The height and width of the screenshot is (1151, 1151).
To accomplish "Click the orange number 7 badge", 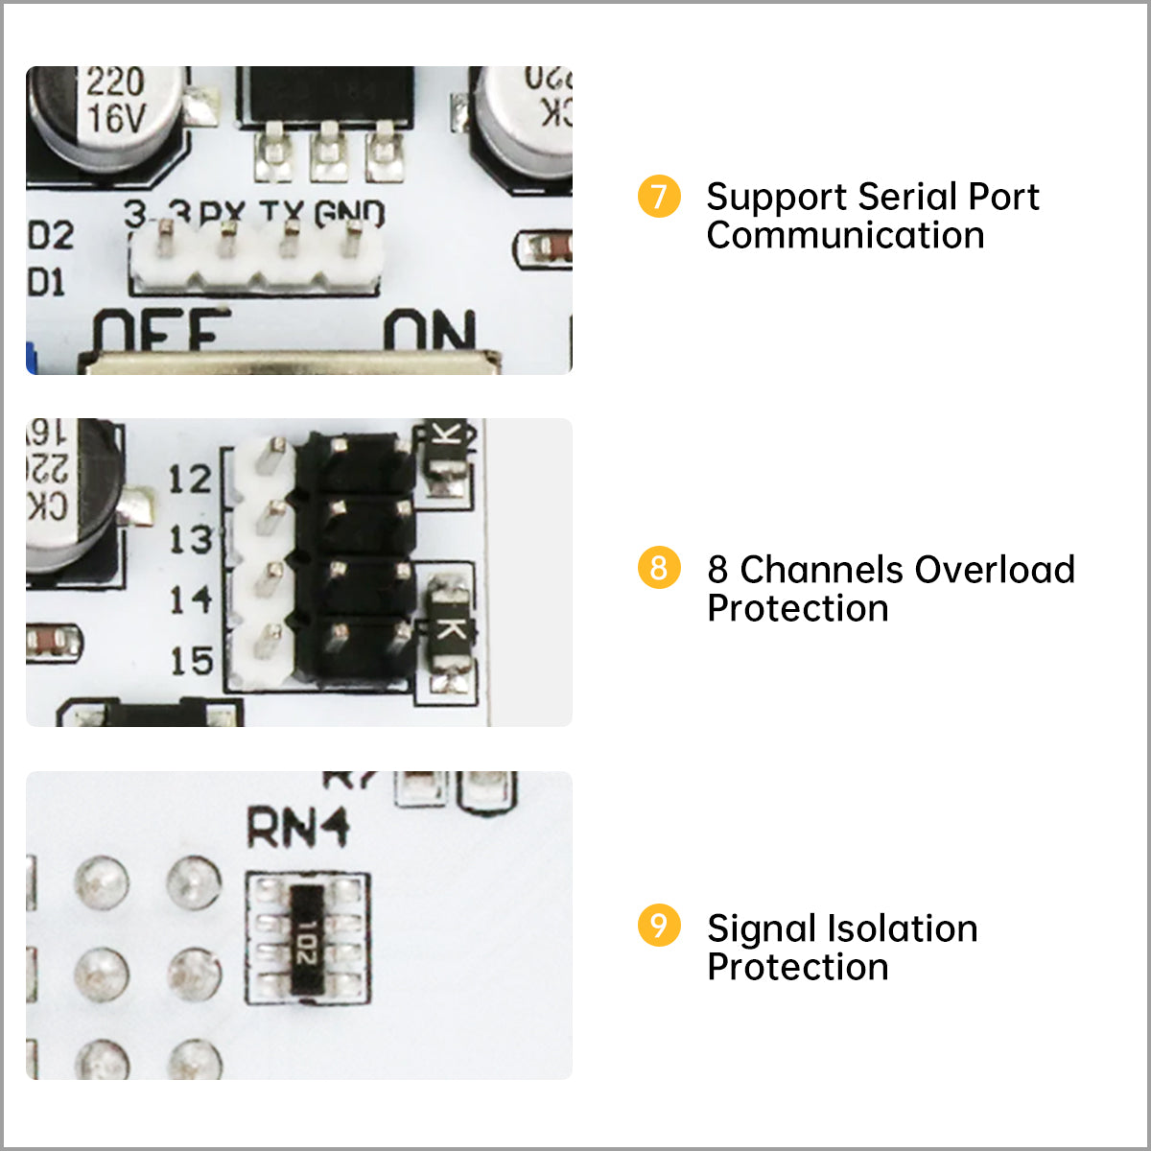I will pyautogui.click(x=659, y=197).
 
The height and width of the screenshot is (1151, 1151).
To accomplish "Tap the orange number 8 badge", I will pyautogui.click(x=659, y=568).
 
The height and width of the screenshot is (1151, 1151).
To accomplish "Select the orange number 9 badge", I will pyautogui.click(x=659, y=926).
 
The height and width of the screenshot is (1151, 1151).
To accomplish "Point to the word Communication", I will pyautogui.click(x=845, y=236).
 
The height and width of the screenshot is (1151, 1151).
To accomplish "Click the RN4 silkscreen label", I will pyautogui.click(x=297, y=828).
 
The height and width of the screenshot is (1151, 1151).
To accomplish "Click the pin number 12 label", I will pyautogui.click(x=189, y=479).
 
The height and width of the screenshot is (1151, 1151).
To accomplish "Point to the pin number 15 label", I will pyautogui.click(x=190, y=661).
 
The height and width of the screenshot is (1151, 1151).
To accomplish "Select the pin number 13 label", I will pyautogui.click(x=190, y=540).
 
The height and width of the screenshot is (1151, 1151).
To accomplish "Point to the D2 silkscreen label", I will pyautogui.click(x=50, y=236).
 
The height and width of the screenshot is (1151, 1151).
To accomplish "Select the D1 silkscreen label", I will pyautogui.click(x=46, y=283).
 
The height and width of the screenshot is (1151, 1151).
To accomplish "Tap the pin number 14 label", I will pyautogui.click(x=190, y=600).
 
